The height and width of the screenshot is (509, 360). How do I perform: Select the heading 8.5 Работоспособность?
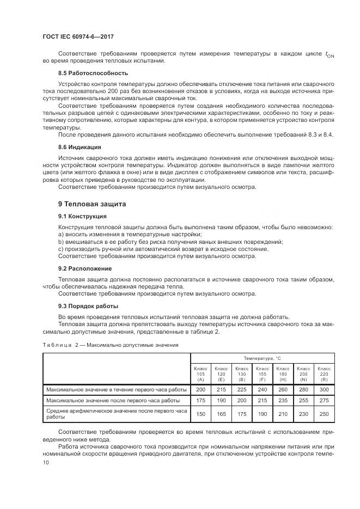point(93,73)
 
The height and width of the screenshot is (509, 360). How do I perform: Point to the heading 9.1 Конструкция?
point(83,216)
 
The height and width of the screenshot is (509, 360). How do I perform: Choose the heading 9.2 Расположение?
point(85,268)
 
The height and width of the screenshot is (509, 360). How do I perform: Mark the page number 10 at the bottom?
point(46,463)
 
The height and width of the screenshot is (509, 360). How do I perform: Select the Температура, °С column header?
point(262,358)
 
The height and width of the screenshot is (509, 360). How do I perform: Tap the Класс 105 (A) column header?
point(200,374)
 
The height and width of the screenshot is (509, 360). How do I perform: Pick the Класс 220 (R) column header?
point(324,374)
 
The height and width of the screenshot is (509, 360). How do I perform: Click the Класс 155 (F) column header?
point(262,374)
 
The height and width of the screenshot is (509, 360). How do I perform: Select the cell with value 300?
point(324,390)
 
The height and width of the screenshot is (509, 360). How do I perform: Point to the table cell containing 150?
point(200,414)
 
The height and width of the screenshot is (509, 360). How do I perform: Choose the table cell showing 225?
point(241,390)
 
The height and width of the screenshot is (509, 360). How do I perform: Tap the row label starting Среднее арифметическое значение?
point(117,414)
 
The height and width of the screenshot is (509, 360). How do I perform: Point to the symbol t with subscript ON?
point(329,54)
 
